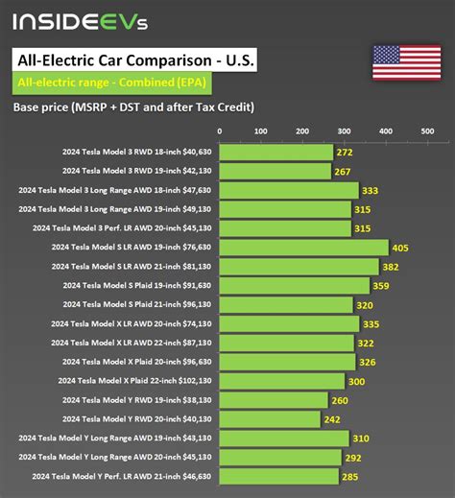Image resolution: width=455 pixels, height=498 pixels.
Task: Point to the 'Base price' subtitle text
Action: coord(133,107)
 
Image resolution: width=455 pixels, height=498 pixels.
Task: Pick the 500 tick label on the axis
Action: coord(427,131)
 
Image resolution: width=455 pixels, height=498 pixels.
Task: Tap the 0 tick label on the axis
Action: coord(220,131)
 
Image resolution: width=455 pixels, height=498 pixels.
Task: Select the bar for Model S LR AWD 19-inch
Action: coord(303,248)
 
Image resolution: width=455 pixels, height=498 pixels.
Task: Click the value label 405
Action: coord(400,248)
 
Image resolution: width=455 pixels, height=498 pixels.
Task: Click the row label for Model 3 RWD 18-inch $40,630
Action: coord(135,153)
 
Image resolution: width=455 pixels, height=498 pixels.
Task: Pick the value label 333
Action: coord(371,190)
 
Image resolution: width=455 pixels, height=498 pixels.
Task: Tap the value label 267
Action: coord(342,172)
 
